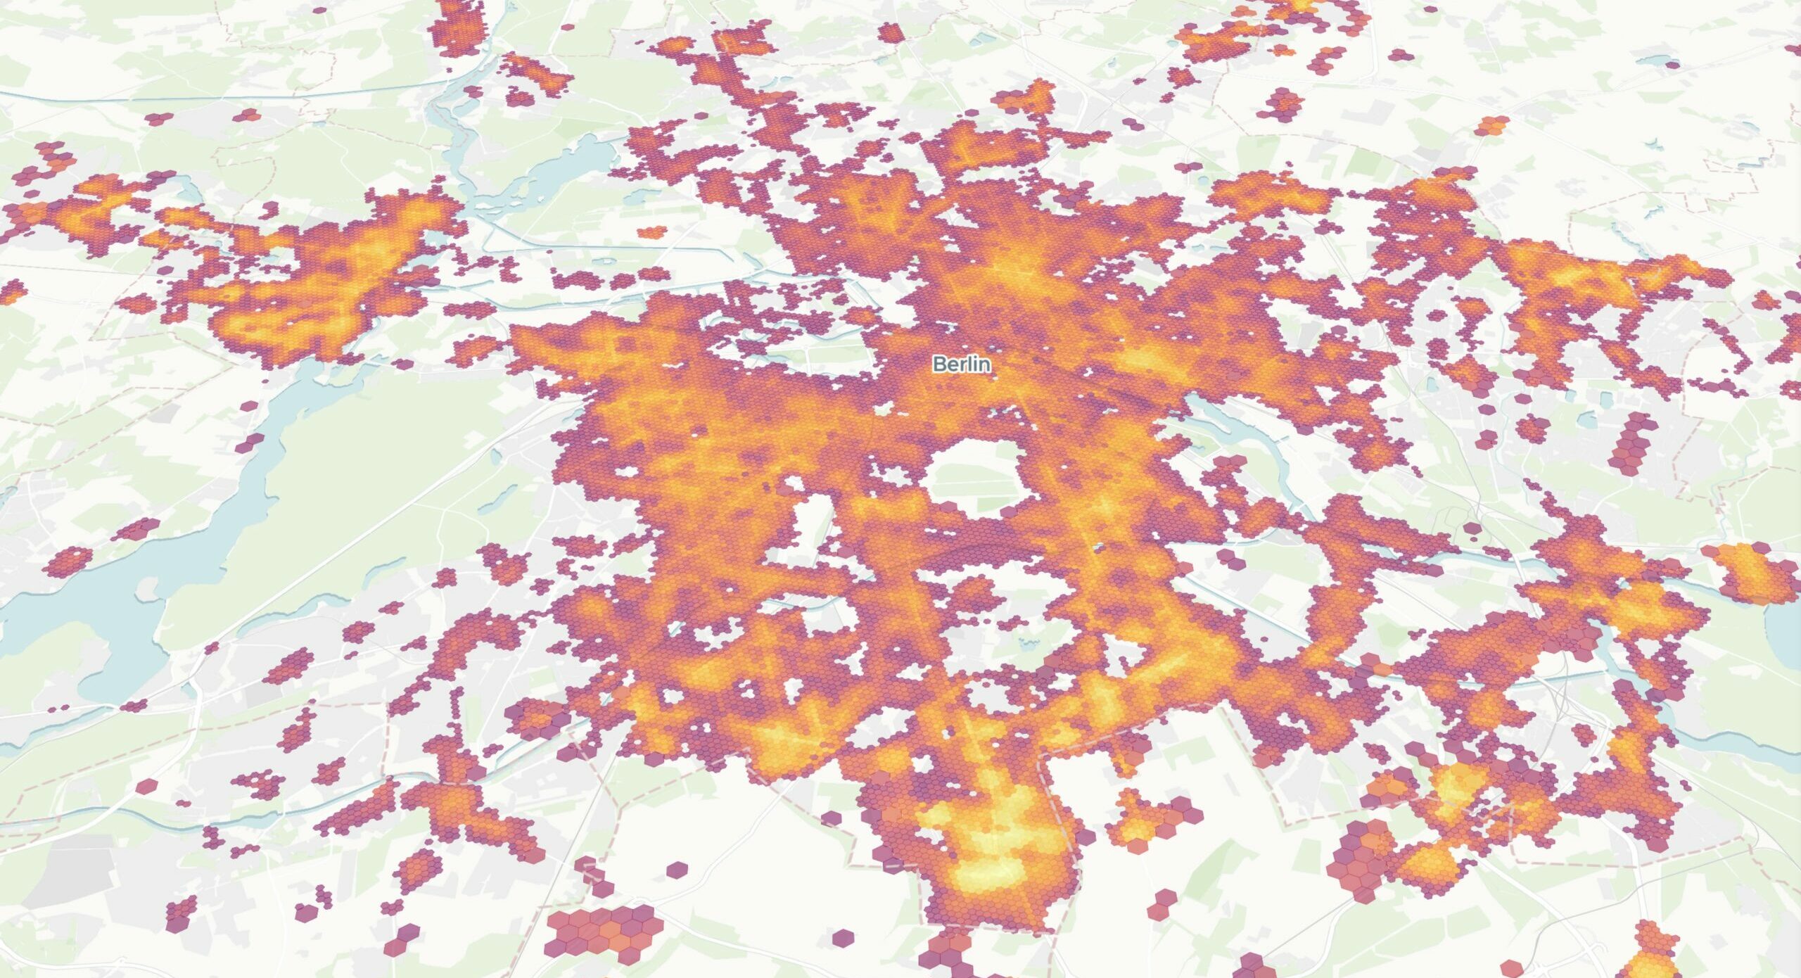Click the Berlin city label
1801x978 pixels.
click(x=962, y=364)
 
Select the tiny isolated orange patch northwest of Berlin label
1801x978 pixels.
click(x=652, y=231)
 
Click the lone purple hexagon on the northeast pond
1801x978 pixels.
click(x=1672, y=65)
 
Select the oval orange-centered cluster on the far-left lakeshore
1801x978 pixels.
click(x=69, y=561)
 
